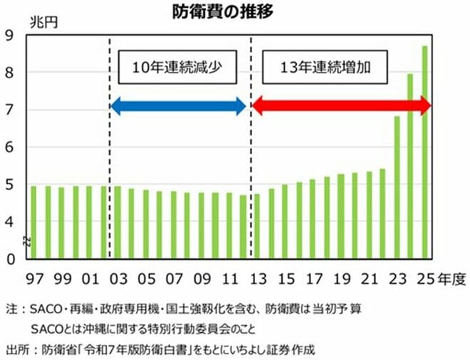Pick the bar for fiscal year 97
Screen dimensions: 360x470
33,221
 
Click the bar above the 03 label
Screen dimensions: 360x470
117,221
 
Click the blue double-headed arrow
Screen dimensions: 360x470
178,107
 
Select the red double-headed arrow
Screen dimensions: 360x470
342,107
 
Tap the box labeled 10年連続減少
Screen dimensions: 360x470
177,68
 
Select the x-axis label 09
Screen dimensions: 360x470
201,277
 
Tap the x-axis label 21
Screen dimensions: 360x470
368,277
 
